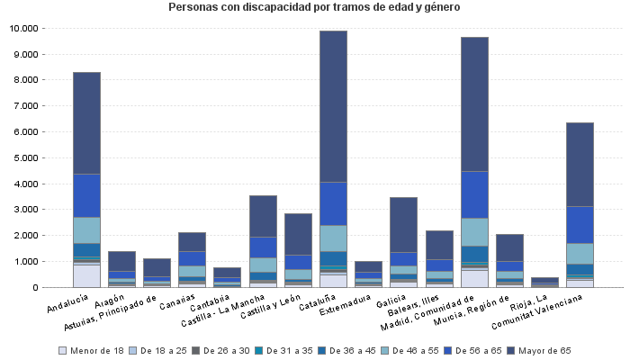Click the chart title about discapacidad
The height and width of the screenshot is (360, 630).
click(x=314, y=7)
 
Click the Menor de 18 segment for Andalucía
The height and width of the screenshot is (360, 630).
click(x=86, y=275)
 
